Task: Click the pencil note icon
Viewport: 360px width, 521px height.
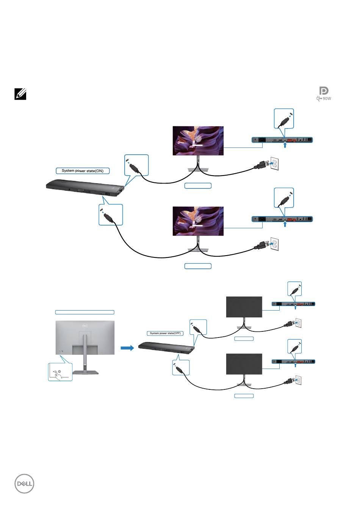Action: pyautogui.click(x=20, y=94)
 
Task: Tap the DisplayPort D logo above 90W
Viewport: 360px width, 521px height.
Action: pyautogui.click(x=324, y=91)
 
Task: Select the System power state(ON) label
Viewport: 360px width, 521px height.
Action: pyautogui.click(x=83, y=171)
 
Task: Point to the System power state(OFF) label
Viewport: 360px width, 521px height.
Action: pyautogui.click(x=165, y=333)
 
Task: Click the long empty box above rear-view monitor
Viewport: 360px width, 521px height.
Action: pyautogui.click(x=85, y=312)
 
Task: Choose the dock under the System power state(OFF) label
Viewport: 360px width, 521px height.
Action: pyautogui.click(x=166, y=346)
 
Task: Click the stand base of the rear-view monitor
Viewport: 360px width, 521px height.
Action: pyautogui.click(x=85, y=372)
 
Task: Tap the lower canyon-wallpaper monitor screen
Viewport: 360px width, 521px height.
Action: pyautogui.click(x=198, y=221)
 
